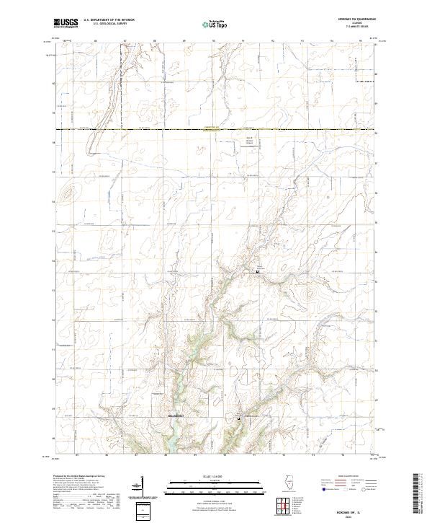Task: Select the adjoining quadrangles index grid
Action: point(284,506)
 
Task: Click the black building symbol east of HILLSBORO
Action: point(239,417)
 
